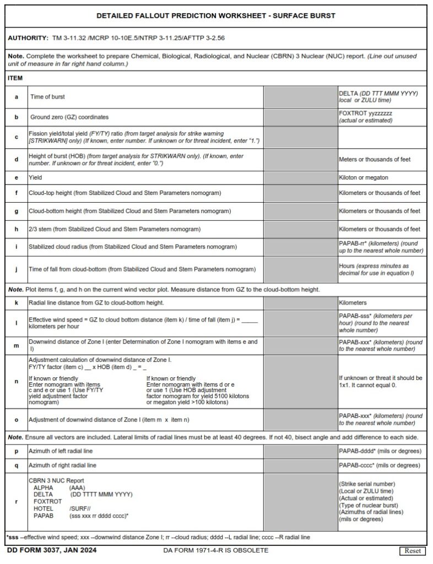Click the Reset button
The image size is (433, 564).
click(x=412, y=551)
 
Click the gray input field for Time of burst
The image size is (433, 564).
click(x=300, y=97)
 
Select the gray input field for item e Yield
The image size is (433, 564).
click(x=300, y=178)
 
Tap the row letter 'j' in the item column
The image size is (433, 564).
click(x=16, y=269)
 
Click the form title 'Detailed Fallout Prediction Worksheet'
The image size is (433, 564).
click(x=216, y=16)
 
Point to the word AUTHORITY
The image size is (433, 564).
click(x=28, y=38)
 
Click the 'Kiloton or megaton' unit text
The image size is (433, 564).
click(x=364, y=178)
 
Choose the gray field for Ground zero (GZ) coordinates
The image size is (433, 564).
click(x=300, y=117)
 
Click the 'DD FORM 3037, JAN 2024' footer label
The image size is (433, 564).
click(x=42, y=550)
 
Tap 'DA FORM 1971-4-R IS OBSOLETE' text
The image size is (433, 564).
click(x=216, y=550)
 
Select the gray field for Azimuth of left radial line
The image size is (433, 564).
click(x=300, y=451)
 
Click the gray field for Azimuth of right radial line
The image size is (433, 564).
click(x=300, y=465)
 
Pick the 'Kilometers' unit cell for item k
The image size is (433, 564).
click(x=353, y=303)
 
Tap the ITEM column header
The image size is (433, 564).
click(x=15, y=79)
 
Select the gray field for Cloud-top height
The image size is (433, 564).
click(x=300, y=193)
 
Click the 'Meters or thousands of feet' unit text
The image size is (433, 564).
click(x=375, y=160)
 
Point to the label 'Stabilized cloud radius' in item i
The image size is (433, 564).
click(x=59, y=247)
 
